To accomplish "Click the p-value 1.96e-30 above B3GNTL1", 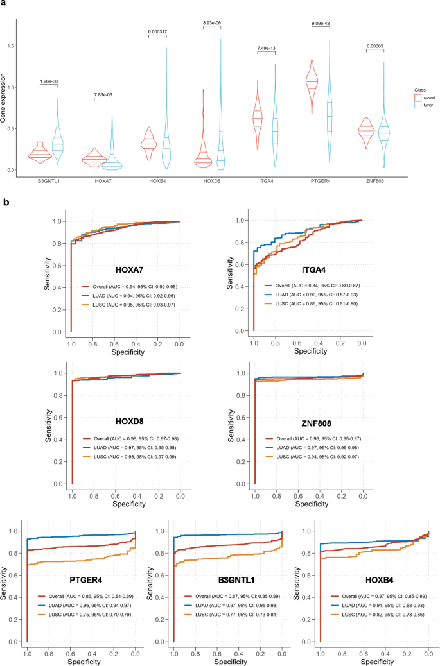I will (49, 81).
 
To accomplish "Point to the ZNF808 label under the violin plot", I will (378, 182).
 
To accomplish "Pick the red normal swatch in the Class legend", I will (418, 97).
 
